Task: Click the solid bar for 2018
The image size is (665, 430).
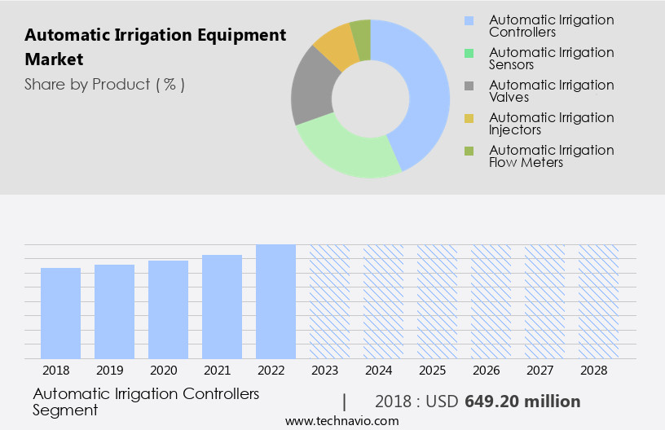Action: (61, 314)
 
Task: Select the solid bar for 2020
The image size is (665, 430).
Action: (169, 309)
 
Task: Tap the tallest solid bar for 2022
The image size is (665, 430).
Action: (275, 301)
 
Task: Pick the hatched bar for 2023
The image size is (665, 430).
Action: (329, 301)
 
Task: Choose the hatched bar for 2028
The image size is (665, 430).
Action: (598, 301)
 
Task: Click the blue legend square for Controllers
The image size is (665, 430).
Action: (468, 20)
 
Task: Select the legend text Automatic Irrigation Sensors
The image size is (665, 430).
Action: (551, 59)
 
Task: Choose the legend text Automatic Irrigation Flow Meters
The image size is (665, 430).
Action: (551, 156)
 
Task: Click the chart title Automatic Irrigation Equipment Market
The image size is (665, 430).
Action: (156, 47)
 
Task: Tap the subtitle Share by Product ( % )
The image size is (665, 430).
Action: (104, 84)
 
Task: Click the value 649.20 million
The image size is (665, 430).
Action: (522, 401)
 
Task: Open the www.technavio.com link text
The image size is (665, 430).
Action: (342, 421)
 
